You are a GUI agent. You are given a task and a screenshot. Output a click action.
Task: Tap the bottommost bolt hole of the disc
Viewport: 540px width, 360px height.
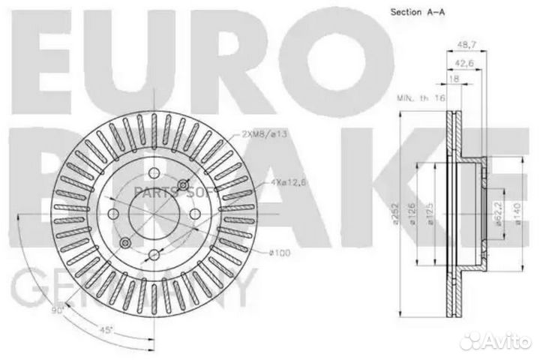pyautogui.click(x=153, y=256)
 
